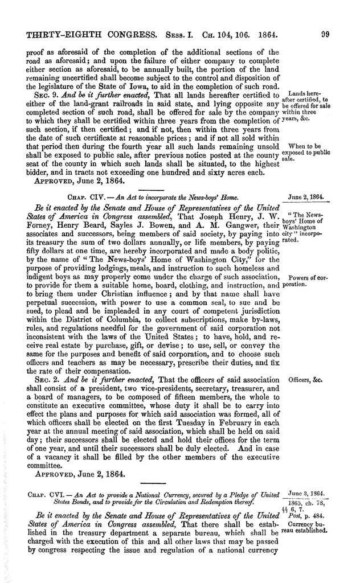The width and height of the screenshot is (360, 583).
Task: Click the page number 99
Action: click(325, 34)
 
